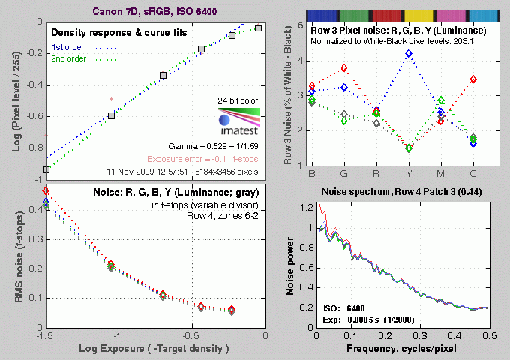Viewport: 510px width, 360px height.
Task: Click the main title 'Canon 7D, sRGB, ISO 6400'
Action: tap(153, 10)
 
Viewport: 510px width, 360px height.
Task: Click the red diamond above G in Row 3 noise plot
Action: tap(343, 67)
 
